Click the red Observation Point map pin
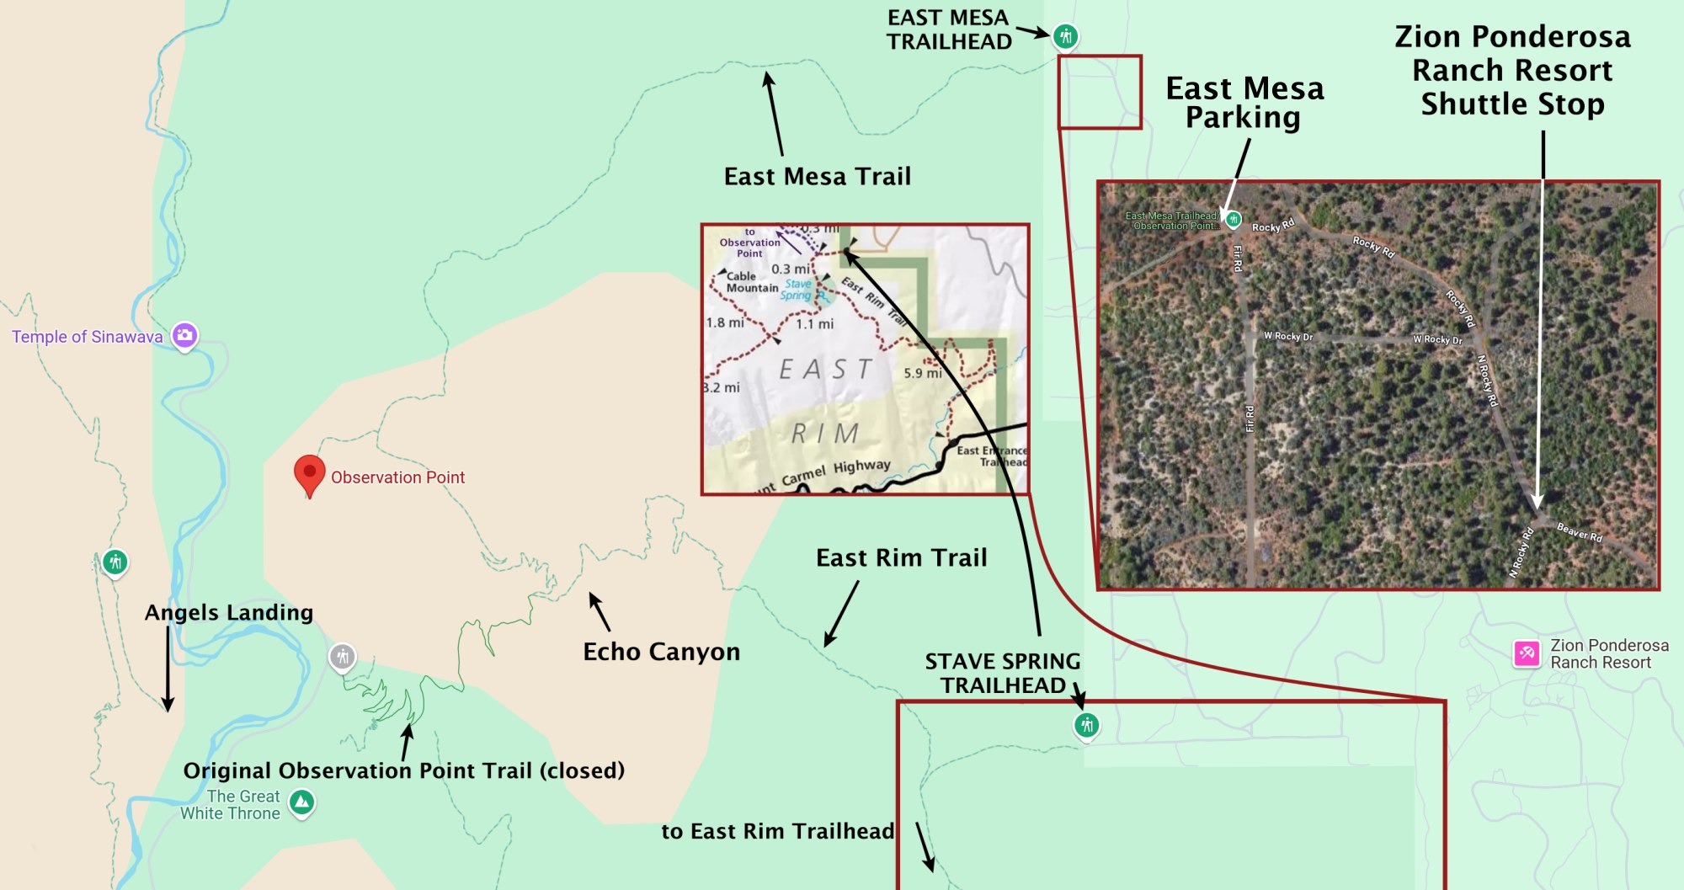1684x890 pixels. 309,473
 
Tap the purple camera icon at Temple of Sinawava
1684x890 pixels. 184,335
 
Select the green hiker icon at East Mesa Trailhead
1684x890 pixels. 1065,36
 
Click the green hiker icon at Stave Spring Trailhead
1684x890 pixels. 1086,725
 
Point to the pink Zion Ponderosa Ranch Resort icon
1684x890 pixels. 1527,653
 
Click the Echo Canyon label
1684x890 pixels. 661,652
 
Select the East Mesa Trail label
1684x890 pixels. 817,176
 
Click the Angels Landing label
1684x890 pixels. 229,612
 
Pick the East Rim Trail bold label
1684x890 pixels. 901,557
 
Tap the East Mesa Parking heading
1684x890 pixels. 1244,103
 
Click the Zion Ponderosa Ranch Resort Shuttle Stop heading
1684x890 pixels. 1512,70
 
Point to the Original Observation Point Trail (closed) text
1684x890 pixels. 403,770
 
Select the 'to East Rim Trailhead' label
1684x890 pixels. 777,831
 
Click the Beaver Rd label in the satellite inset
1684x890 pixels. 1579,532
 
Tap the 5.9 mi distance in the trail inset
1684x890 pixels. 922,373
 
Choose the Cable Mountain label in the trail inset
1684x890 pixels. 751,282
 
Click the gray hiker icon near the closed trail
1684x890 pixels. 342,656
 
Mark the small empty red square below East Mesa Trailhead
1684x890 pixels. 1100,93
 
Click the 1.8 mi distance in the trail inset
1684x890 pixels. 725,322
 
